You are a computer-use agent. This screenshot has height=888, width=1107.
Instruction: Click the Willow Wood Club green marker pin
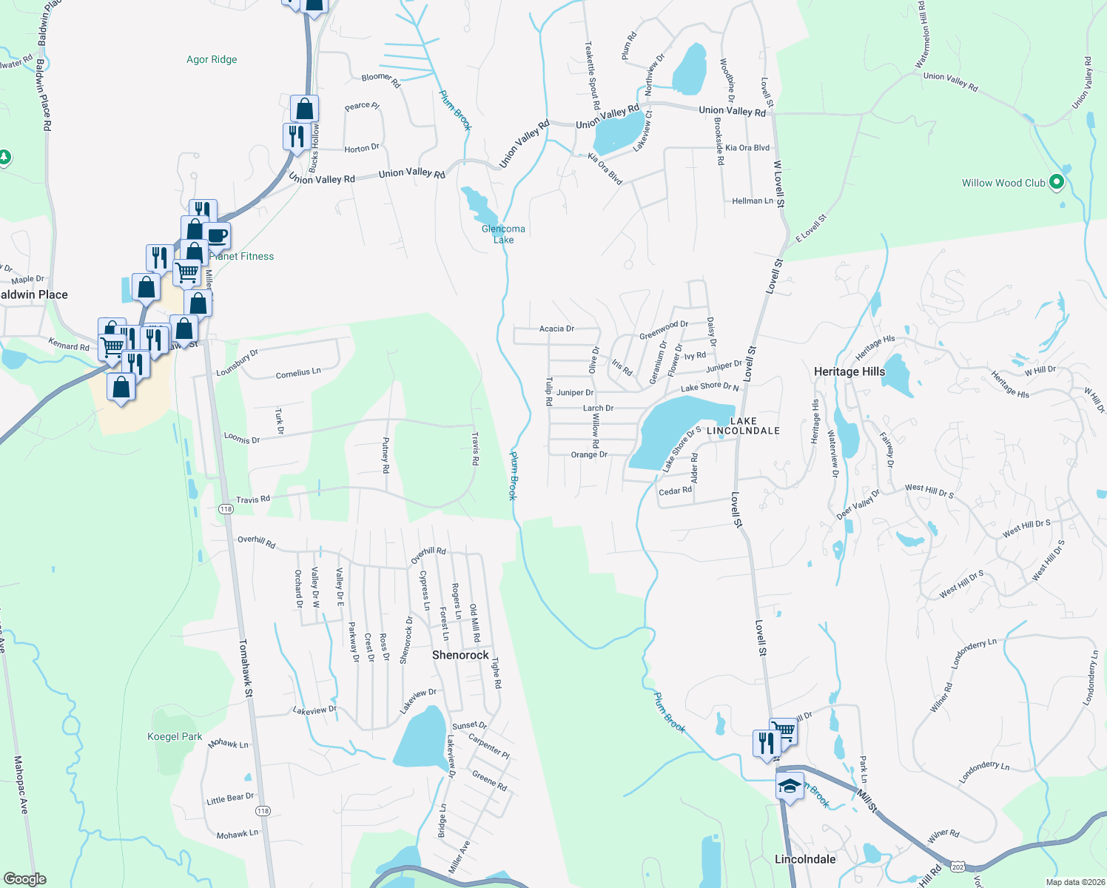coord(1057,182)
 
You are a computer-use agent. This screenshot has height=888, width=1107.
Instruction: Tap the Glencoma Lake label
coord(503,234)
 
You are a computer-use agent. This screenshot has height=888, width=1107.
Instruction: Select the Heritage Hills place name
coord(849,371)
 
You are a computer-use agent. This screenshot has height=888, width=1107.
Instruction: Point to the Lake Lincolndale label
coord(743,425)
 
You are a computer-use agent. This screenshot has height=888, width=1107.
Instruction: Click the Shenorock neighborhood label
coord(460,655)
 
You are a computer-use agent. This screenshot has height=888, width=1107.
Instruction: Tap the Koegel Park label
coord(175,736)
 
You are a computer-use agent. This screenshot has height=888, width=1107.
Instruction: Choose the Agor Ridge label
coord(212,59)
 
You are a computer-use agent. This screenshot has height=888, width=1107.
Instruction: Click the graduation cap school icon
coord(790,787)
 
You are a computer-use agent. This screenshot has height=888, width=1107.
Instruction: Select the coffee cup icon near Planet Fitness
coord(217,236)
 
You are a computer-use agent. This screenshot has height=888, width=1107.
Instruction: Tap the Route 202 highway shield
coord(958,867)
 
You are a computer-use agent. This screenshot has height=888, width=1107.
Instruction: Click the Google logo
coord(24,879)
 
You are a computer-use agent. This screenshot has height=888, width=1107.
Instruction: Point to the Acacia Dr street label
coord(556,329)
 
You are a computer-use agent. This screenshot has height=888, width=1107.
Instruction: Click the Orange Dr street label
coord(589,454)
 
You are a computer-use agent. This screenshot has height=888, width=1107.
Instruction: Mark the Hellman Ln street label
coord(752,201)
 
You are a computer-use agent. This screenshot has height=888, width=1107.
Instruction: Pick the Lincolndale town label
coord(805,859)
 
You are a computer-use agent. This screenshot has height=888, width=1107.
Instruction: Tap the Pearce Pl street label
coord(362,107)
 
